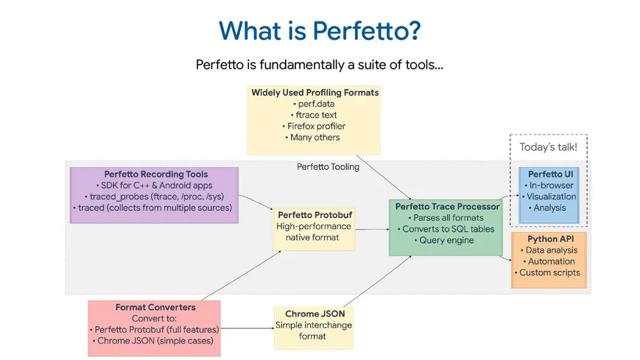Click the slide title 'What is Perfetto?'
pyautogui.click(x=320, y=31)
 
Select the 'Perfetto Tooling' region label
pyautogui.click(x=328, y=166)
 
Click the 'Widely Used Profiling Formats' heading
pyautogui.click(x=314, y=93)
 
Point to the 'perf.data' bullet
pyautogui.click(x=314, y=104)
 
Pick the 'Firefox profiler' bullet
pyautogui.click(x=314, y=126)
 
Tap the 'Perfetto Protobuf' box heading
pyautogui.click(x=312, y=214)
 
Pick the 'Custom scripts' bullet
pyautogui.click(x=549, y=272)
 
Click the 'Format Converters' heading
pyautogui.click(x=155, y=306)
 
